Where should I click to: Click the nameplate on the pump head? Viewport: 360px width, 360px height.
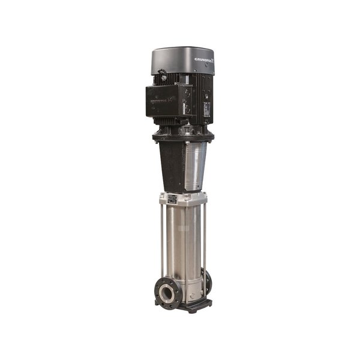172,198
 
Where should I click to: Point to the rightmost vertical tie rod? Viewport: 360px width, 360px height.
205,240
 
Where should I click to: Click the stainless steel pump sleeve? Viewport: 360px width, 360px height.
185,246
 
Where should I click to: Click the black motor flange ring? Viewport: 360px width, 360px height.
183,137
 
